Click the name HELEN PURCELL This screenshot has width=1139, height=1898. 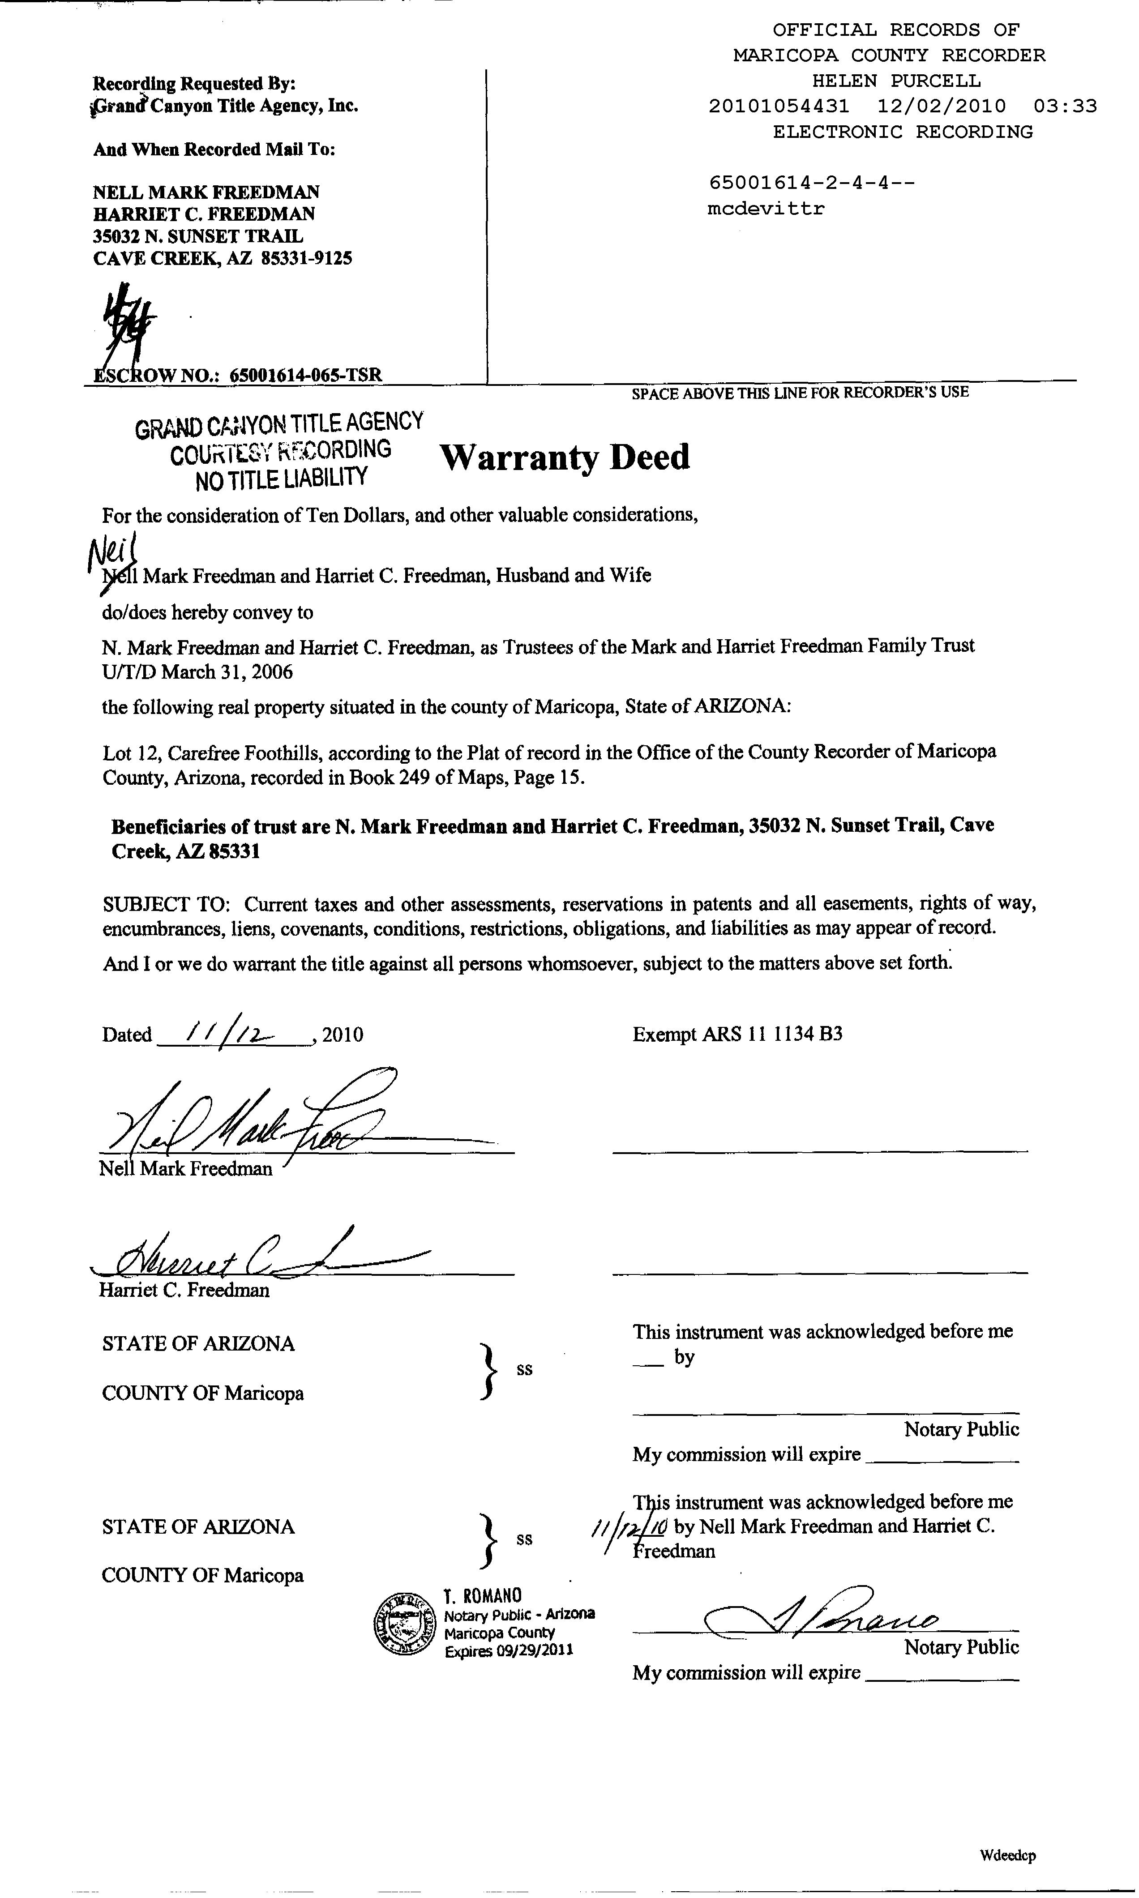click(x=896, y=81)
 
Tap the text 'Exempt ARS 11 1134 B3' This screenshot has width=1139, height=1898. click(x=737, y=1034)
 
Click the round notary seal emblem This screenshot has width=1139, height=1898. click(x=404, y=1623)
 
